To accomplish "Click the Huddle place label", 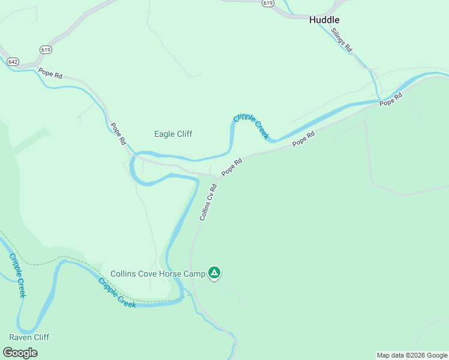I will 324,20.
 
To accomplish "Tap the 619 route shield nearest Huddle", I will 268,3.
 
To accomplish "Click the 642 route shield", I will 13,61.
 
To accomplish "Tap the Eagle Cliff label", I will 173,134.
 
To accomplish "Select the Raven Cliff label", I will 29,337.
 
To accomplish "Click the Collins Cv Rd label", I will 208,202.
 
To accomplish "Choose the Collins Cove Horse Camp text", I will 158,274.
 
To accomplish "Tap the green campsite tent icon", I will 214,274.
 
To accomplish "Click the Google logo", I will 20,353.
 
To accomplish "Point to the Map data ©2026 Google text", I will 412,355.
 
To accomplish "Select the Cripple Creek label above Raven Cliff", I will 17,275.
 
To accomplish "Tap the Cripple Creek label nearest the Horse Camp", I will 117,293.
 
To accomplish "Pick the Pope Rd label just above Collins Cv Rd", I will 231,167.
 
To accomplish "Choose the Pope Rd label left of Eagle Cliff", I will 118,134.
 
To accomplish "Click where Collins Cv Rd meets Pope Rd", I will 216,176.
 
